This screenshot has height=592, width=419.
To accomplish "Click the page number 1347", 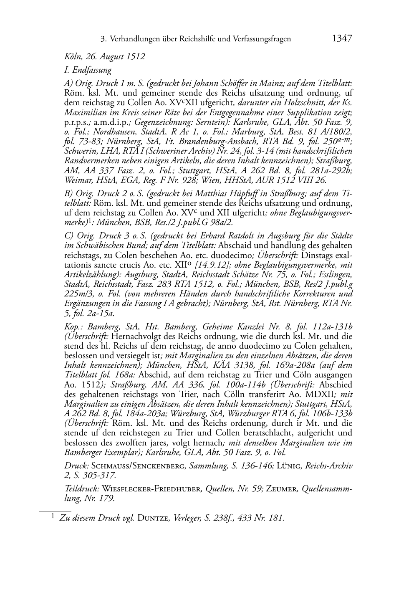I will coord(342,39).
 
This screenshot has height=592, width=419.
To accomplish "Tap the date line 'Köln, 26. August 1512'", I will coord(105,56).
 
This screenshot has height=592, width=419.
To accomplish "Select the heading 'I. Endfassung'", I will coord(88,70).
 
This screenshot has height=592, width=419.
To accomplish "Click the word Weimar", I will coord(78,180).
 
